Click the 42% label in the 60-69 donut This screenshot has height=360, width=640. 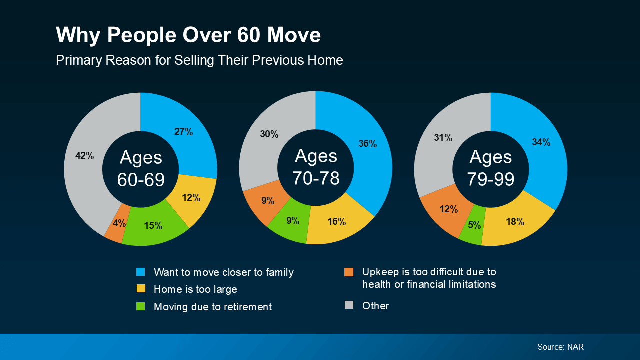click(84, 156)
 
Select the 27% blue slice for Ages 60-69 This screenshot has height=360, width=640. click(184, 132)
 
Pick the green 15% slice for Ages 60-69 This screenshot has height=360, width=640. click(153, 226)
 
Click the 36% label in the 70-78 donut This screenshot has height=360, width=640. click(367, 144)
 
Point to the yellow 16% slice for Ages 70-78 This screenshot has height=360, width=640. click(337, 221)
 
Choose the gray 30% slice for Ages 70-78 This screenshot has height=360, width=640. click(269, 134)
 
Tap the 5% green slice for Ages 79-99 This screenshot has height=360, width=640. click(474, 225)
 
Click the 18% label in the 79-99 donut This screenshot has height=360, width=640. click(515, 222)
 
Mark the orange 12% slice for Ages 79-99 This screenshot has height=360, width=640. click(448, 209)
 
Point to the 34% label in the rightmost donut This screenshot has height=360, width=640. click(541, 142)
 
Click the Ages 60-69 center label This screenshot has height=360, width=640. click(141, 169)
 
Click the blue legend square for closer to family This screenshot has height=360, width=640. click(141, 272)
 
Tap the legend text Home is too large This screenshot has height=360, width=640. click(195, 289)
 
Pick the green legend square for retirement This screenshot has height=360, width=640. click(141, 306)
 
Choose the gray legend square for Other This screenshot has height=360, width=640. click(349, 305)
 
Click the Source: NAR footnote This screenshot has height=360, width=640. click(560, 347)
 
